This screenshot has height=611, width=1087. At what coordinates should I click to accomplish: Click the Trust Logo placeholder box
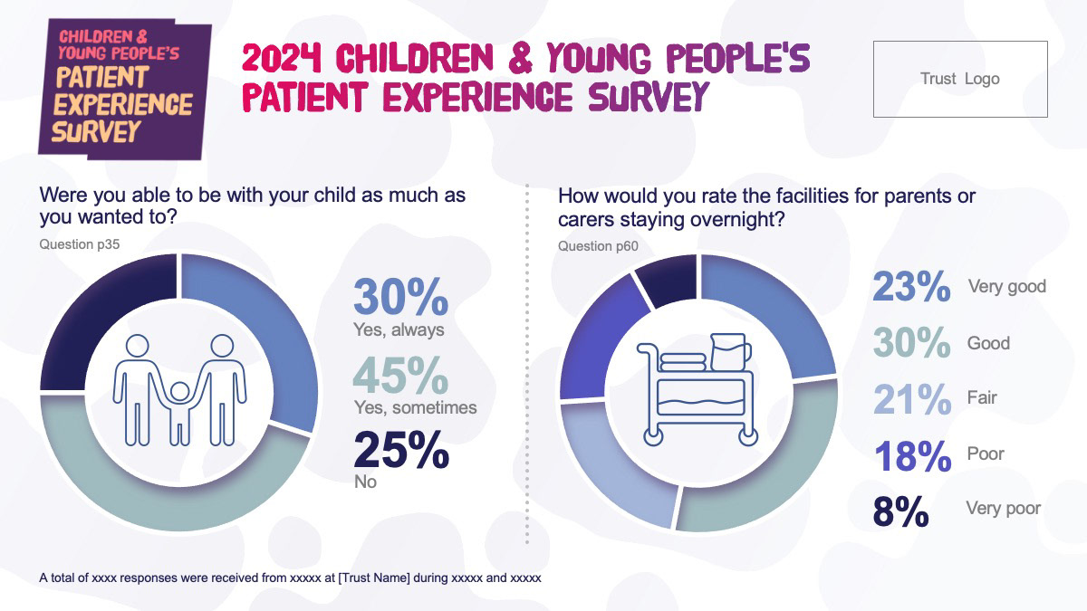[x=960, y=79]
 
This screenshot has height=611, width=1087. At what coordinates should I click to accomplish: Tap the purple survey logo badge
[x=125, y=90]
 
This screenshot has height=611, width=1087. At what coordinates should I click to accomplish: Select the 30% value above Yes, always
[x=400, y=296]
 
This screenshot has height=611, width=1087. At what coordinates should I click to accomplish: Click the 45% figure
[x=400, y=375]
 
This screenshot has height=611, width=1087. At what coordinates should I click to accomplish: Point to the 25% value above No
[x=401, y=450]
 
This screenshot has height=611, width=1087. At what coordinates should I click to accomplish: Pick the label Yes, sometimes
[x=416, y=407]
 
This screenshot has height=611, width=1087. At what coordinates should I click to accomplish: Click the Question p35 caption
[x=79, y=243]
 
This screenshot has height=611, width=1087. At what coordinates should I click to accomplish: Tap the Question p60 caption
[x=598, y=246]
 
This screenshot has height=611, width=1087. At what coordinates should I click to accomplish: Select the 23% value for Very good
[x=911, y=286]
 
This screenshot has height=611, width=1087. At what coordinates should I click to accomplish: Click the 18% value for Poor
[x=912, y=456]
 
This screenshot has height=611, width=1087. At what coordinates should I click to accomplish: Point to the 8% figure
[x=900, y=511]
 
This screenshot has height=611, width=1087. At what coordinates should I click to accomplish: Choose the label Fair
[x=982, y=397]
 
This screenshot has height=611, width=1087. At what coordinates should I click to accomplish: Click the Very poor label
[x=1003, y=508]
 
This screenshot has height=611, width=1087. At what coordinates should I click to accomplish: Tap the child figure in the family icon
[x=179, y=413]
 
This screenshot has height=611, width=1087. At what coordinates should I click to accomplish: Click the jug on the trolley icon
[x=730, y=352]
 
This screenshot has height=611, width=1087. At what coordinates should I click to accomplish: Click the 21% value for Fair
[x=912, y=398]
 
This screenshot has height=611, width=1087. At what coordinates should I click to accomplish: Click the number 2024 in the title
[x=283, y=58]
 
